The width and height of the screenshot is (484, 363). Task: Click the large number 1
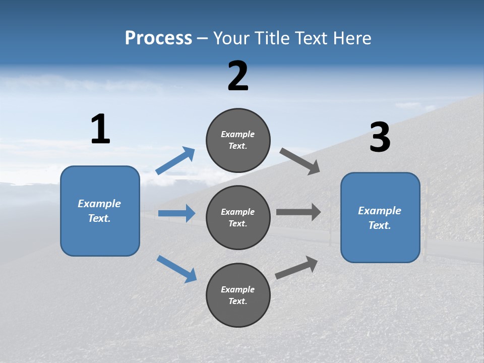pyautogui.click(x=100, y=130)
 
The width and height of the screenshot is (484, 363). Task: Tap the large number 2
pyautogui.click(x=238, y=76)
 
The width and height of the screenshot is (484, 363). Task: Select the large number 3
pyautogui.click(x=380, y=138)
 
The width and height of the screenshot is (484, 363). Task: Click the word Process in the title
pyautogui.click(x=158, y=38)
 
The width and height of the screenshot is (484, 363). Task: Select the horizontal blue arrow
pyautogui.click(x=176, y=213)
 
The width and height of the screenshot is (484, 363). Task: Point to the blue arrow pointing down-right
pyautogui.click(x=177, y=268)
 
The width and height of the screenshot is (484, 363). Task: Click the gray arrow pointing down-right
pyautogui.click(x=300, y=161)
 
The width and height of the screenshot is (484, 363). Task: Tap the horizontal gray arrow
pyautogui.click(x=298, y=212)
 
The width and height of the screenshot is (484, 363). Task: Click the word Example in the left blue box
pyautogui.click(x=99, y=204)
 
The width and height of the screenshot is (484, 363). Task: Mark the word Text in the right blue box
pyautogui.click(x=379, y=225)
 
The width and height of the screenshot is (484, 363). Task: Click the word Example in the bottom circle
pyautogui.click(x=238, y=289)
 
